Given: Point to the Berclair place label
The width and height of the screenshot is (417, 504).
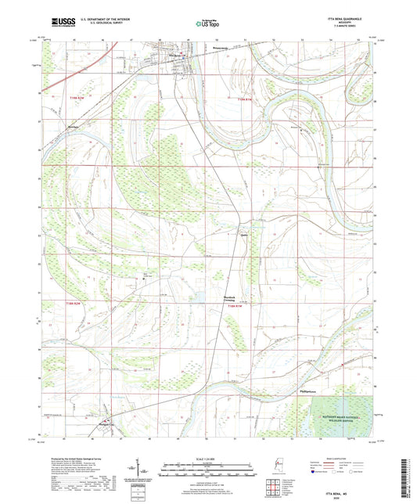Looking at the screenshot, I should click(74, 124).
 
